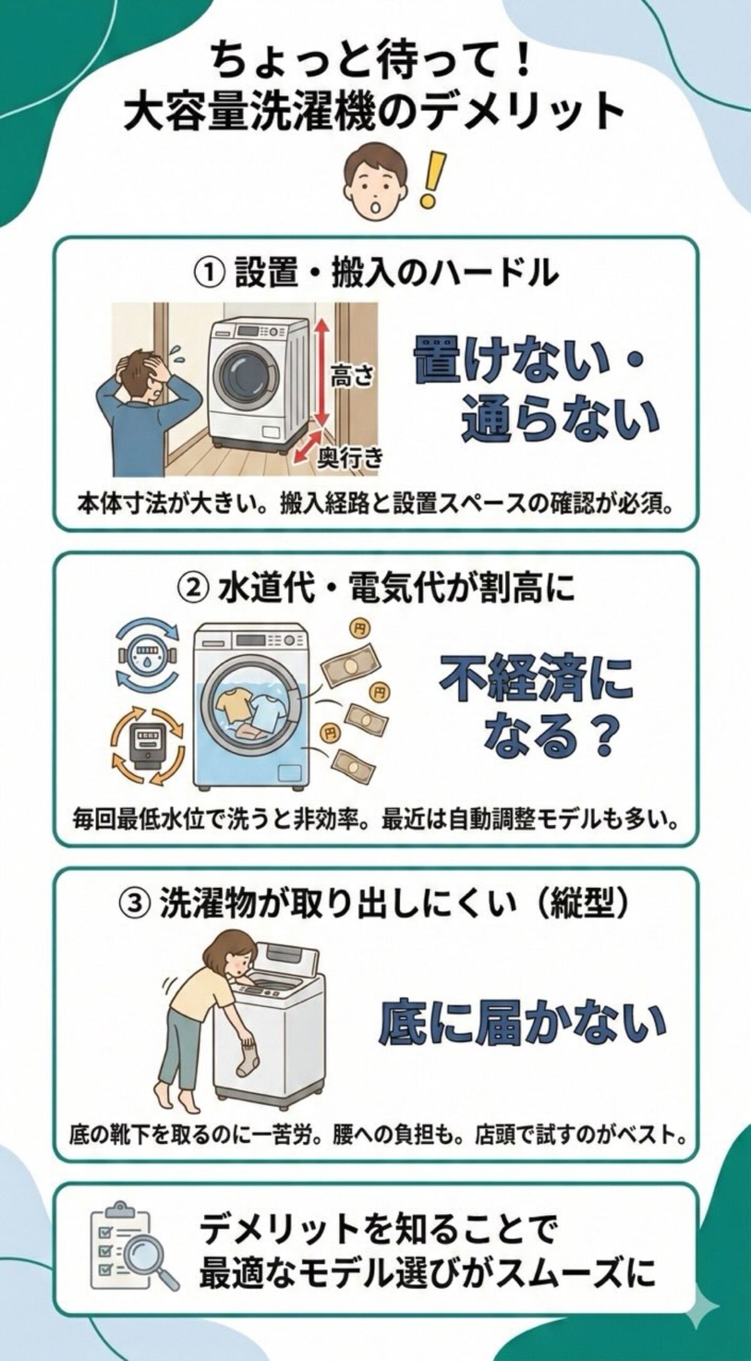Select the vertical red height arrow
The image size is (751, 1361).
pos(320,372)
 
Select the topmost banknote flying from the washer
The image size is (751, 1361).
pos(347,668)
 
